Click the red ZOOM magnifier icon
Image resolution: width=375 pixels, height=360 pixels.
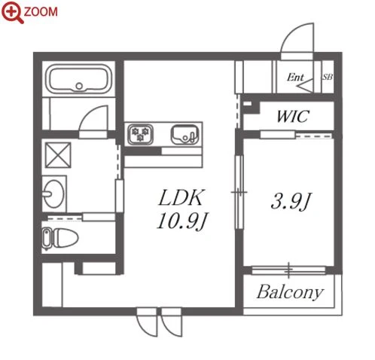(12, 12)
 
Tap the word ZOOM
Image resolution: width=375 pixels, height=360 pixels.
(41, 12)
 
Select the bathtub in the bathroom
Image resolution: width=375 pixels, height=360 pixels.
(79, 79)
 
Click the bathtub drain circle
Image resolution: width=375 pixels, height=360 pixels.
(79, 86)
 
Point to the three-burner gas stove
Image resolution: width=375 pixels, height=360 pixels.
(140, 135)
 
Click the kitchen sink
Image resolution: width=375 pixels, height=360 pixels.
(185, 135)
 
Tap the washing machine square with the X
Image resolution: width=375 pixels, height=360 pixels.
(58, 155)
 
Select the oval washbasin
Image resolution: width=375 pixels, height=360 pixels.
(53, 194)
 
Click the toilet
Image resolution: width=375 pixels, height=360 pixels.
(60, 238)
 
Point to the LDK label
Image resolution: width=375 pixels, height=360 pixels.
(181, 197)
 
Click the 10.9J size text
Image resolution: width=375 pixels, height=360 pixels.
(182, 221)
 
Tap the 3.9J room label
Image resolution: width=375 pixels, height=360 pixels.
(291, 201)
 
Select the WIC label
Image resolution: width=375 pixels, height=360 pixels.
(292, 116)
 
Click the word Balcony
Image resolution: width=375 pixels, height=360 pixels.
(290, 292)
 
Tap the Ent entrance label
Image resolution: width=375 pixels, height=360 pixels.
(295, 77)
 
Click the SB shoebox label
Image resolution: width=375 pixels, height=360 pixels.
(328, 77)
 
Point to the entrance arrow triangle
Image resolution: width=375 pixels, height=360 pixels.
(305, 85)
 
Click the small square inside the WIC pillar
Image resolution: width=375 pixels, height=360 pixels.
(247, 103)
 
